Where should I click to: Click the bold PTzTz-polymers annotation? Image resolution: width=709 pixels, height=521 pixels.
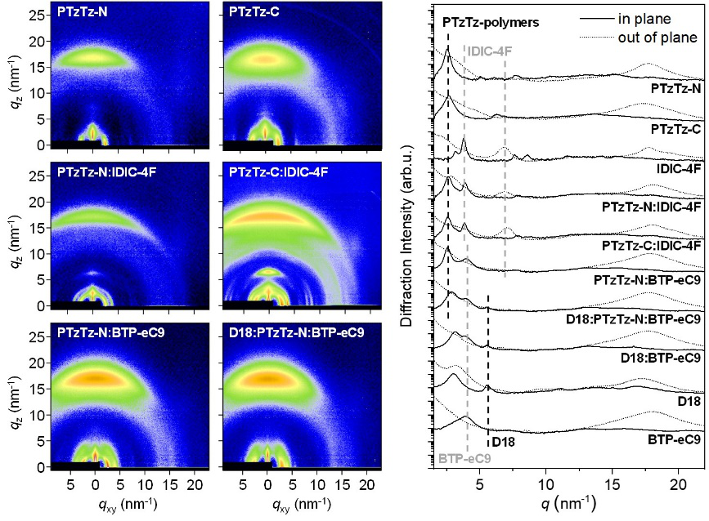[491, 23]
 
